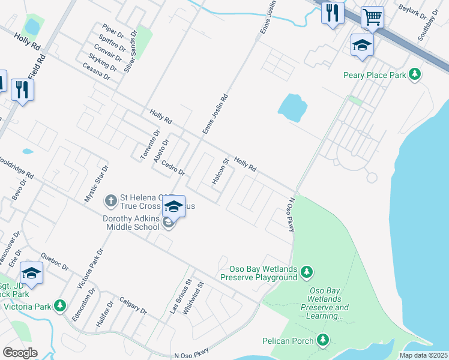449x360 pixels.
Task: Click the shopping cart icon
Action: pyautogui.click(x=372, y=17)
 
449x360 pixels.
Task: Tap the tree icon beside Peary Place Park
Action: pyautogui.click(x=414, y=75)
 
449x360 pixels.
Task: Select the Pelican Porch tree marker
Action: pyautogui.click(x=324, y=341)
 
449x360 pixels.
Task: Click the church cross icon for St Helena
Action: pyautogui.click(x=110, y=199)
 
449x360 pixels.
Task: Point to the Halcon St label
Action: pyautogui.click(x=221, y=171)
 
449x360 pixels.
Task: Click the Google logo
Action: pyautogui.click(x=20, y=353)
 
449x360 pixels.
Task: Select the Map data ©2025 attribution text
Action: pyautogui.click(x=424, y=355)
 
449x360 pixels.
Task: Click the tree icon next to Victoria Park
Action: pyautogui.click(x=59, y=306)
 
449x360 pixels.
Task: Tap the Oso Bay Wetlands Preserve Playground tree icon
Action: pyautogui.click(x=307, y=273)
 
